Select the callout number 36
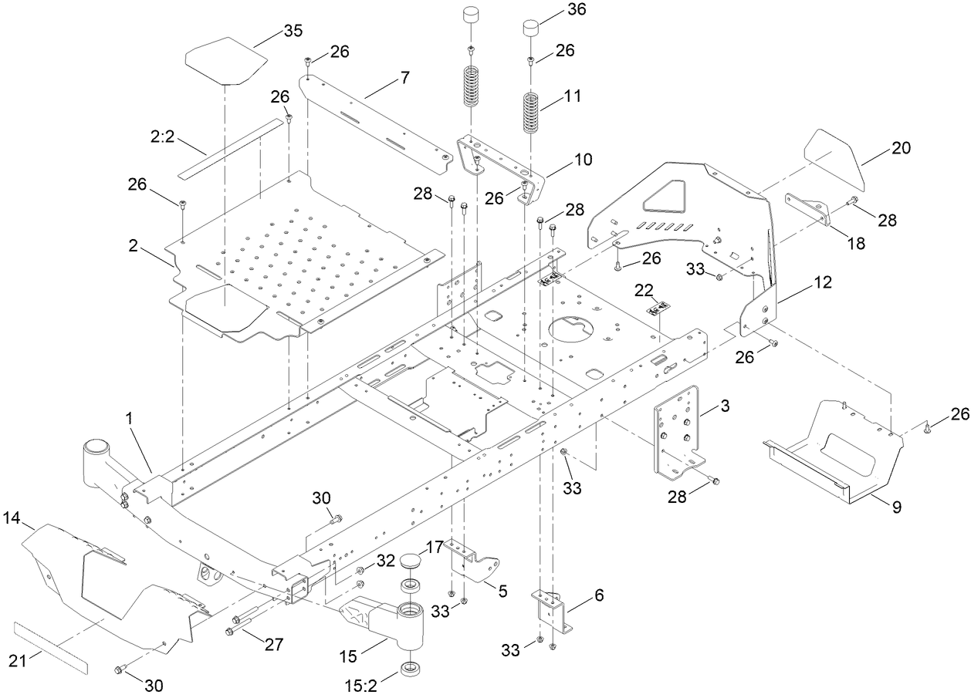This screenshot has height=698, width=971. pyautogui.click(x=576, y=10)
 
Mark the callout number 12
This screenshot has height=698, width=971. pyautogui.click(x=822, y=283)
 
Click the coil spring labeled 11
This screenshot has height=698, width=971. pyautogui.click(x=529, y=113)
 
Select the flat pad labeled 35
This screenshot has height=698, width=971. pyautogui.click(x=225, y=66)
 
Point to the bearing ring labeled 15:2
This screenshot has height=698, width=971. pyautogui.click(x=410, y=669)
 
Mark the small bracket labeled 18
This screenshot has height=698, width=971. pyautogui.click(x=808, y=208)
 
